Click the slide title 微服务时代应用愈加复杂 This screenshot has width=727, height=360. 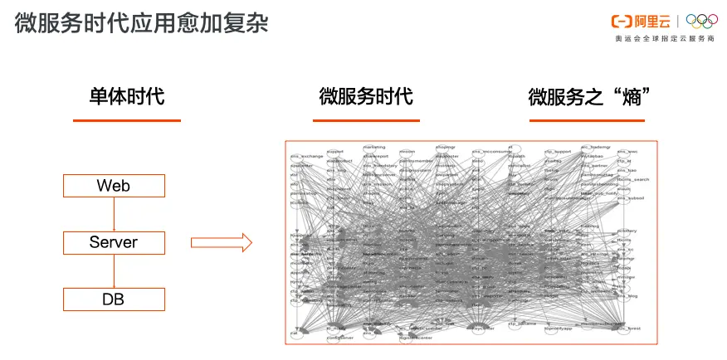pos(141,22)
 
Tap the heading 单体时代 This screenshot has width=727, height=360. pos(127,96)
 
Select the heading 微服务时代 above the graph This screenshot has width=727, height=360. pos(365,96)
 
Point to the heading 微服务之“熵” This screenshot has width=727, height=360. pos(588,97)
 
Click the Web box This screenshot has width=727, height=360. pos(114,185)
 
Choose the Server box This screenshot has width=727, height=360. pos(114,242)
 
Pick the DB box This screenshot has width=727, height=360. pos(114,299)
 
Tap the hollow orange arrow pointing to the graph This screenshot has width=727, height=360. pos(221,242)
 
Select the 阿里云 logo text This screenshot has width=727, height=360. pos(656,22)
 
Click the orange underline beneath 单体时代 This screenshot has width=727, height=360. pos(127,121)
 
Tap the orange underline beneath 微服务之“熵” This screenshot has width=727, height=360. pos(588,121)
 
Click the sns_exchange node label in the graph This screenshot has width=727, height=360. pos(306,156)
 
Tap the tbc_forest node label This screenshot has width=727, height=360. pos(631,329)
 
